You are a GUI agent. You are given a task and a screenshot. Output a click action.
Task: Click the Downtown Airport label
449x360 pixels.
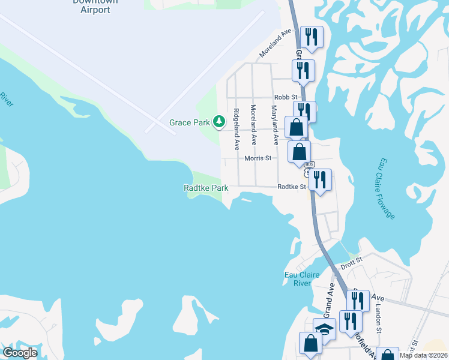click(x=95, y=5)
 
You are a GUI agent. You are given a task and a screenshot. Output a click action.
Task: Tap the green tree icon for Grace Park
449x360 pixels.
click(x=220, y=122)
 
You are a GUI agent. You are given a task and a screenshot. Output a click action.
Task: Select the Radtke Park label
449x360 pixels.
click(x=206, y=188)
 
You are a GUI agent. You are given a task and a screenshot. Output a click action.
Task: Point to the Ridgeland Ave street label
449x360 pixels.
click(x=237, y=129)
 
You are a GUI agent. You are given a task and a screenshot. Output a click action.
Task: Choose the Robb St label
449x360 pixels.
click(x=286, y=97)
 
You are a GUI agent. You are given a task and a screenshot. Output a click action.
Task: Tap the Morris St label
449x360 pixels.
click(x=259, y=158)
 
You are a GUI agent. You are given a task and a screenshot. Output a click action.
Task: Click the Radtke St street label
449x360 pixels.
click(x=292, y=187)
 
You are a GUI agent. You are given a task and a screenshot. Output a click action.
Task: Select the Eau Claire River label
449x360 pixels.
click(x=300, y=279)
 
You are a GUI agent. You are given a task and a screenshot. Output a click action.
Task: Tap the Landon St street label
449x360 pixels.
click(x=379, y=320)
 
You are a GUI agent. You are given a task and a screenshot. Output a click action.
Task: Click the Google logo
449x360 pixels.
click(x=20, y=353)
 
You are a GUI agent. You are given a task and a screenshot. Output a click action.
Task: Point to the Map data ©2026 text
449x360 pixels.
click(x=424, y=355)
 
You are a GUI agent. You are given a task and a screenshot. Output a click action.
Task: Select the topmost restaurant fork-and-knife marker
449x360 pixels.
click(x=312, y=37)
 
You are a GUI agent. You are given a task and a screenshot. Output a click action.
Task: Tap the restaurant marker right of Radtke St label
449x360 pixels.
click(x=320, y=180)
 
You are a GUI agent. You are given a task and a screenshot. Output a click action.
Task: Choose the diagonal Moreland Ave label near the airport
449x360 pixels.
click(x=276, y=45)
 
